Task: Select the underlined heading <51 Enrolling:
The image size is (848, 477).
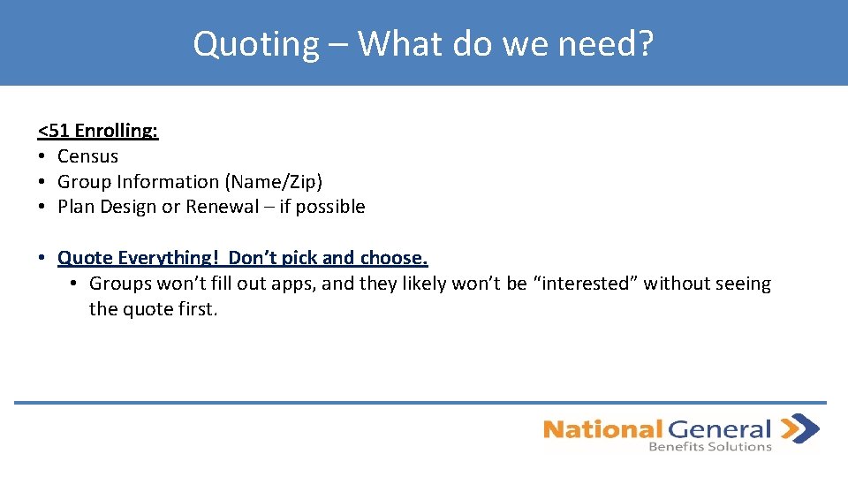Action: [x=98, y=131]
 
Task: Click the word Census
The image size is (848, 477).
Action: [x=87, y=156]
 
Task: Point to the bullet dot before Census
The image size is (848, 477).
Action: [x=42, y=156]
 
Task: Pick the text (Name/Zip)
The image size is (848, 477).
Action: [x=273, y=182]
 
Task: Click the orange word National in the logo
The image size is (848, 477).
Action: [x=602, y=430]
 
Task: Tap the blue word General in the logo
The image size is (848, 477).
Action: [x=719, y=430]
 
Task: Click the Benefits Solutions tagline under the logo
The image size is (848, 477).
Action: [x=710, y=447]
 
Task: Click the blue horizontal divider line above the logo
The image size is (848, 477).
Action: [x=420, y=403]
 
